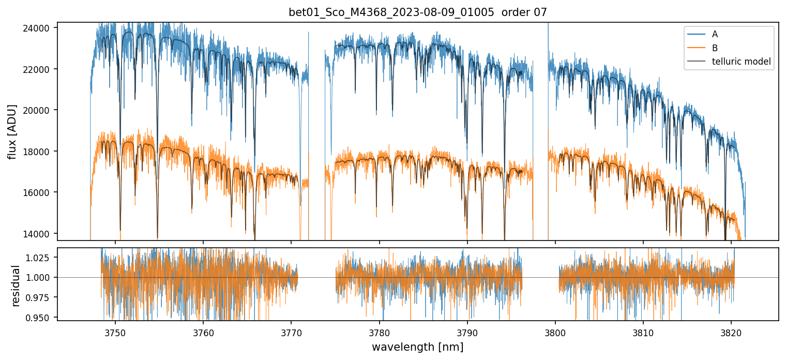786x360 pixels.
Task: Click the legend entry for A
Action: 715,34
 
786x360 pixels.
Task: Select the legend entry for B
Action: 715,48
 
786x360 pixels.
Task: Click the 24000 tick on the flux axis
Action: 40,28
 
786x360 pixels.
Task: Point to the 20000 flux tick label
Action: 40,110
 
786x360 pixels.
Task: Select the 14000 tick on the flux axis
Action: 40,234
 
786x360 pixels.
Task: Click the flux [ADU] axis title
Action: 12,131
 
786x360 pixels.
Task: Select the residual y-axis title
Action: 16,286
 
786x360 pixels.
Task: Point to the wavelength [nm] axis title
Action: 417,347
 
